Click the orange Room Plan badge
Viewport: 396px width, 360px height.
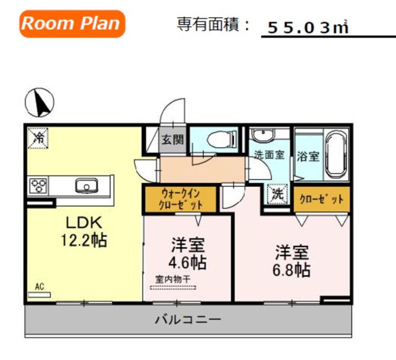pos(72,24)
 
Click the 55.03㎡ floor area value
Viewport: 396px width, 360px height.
pos(308,27)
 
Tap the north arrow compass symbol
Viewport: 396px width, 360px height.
pos(40,102)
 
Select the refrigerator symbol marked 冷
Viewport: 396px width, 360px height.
pos(38,138)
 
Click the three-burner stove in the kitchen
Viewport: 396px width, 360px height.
pos(38,186)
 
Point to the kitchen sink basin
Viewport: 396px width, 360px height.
pos(87,186)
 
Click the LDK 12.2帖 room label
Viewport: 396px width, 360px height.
pos(84,231)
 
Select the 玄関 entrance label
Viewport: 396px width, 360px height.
pos(173,139)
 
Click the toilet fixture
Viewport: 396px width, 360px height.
pos(222,139)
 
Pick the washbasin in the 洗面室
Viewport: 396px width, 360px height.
pos(263,135)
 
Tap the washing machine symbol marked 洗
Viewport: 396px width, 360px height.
pos(278,194)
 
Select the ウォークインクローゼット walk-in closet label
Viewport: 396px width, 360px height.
pos(180,200)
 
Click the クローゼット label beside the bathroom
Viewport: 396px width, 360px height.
pos(322,200)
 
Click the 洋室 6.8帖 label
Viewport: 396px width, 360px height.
pos(291,261)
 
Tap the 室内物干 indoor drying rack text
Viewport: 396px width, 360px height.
pos(173,279)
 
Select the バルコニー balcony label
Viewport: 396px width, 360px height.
pos(188,320)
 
